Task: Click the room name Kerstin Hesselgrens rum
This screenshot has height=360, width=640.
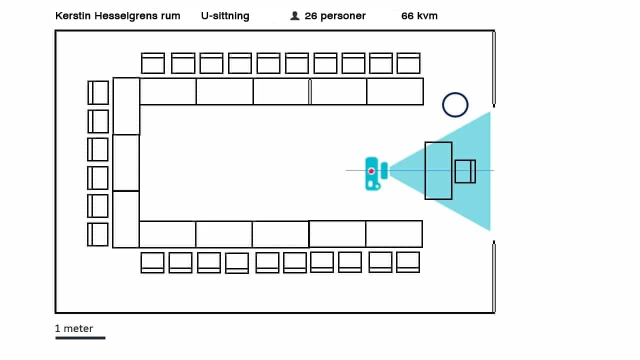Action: pos(117,16)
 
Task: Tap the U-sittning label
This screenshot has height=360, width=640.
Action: pos(225,16)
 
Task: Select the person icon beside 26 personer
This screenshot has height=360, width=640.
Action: pos(294,16)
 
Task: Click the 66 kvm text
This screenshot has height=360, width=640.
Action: pos(419,16)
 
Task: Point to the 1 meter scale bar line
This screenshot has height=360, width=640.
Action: pos(80,338)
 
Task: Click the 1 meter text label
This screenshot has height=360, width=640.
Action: pos(74,328)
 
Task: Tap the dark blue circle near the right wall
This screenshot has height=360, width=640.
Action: pos(455,105)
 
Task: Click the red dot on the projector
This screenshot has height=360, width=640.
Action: pos(371,171)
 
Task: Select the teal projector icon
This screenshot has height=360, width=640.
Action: pos(372,173)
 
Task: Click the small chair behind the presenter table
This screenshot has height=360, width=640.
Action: pos(465,171)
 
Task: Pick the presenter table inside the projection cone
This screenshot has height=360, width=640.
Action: pos(438,171)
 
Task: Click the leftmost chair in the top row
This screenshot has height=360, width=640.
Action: pos(153,63)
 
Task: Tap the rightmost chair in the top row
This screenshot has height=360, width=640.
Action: pos(408,63)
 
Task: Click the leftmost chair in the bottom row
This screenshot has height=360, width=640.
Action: pos(152,262)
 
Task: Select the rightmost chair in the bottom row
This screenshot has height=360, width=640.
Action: pos(408,262)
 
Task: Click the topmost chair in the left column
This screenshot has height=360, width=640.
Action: pos(98,92)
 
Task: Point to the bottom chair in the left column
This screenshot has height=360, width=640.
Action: pos(98,234)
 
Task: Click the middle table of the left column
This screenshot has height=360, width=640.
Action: pos(126,162)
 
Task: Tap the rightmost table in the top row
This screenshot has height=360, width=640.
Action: pos(395,91)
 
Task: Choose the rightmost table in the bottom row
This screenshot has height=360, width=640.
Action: pos(394,234)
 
